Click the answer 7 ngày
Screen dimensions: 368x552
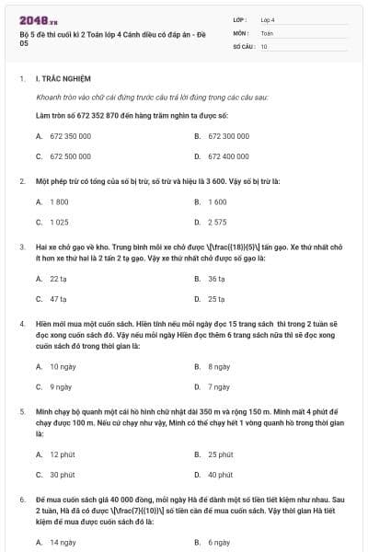(x=218, y=387)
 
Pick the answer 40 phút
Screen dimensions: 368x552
(x=220, y=476)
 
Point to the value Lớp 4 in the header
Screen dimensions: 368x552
(x=268, y=18)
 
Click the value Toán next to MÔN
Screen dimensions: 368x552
(x=267, y=31)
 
